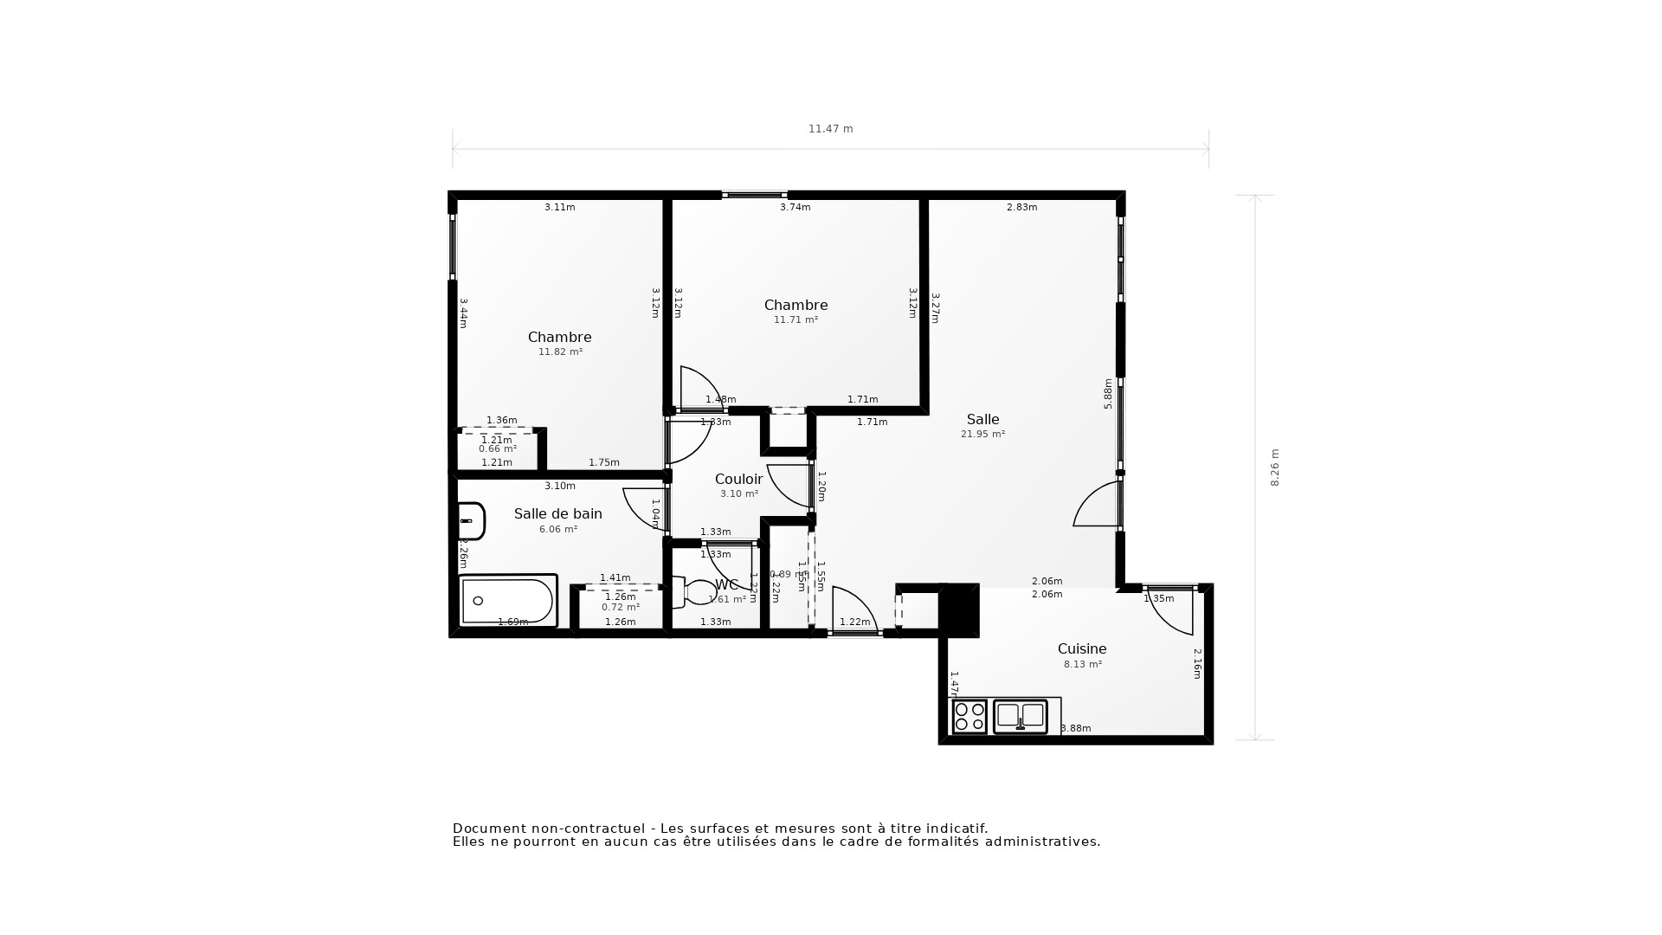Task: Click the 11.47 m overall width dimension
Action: click(x=830, y=129)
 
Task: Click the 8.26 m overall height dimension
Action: click(x=1274, y=467)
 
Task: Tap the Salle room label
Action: click(x=982, y=420)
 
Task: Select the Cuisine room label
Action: click(x=1081, y=649)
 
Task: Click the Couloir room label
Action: click(x=738, y=480)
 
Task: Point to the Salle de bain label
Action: click(x=557, y=514)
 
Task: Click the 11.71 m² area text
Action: click(x=796, y=320)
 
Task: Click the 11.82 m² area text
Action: click(x=560, y=352)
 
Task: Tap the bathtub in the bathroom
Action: click(x=507, y=601)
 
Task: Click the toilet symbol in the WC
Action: click(x=696, y=592)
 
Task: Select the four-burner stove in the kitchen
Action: click(x=969, y=717)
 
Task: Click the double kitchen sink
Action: click(x=1020, y=716)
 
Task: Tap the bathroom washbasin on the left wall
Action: click(x=470, y=521)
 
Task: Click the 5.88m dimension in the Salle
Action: click(x=1108, y=393)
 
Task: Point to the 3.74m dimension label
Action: click(x=795, y=208)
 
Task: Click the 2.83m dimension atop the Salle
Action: click(x=1021, y=208)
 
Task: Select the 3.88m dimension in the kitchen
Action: click(x=1075, y=729)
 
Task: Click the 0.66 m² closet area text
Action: click(x=498, y=449)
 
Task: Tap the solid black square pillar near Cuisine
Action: click(x=959, y=609)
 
